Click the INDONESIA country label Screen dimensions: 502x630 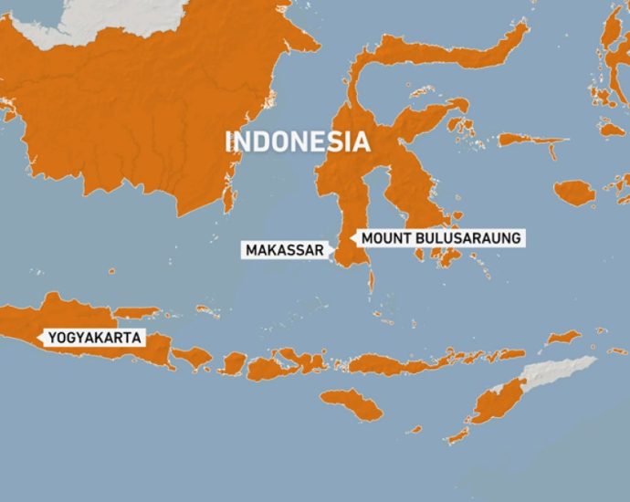point(298,141)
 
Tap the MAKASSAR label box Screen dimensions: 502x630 point(284,249)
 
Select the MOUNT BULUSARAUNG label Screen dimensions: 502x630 point(441,237)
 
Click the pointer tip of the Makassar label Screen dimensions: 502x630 point(332,249)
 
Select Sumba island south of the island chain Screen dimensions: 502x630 point(352,404)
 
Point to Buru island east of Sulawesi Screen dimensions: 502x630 point(574,193)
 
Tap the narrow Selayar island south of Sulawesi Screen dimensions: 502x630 point(371,278)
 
